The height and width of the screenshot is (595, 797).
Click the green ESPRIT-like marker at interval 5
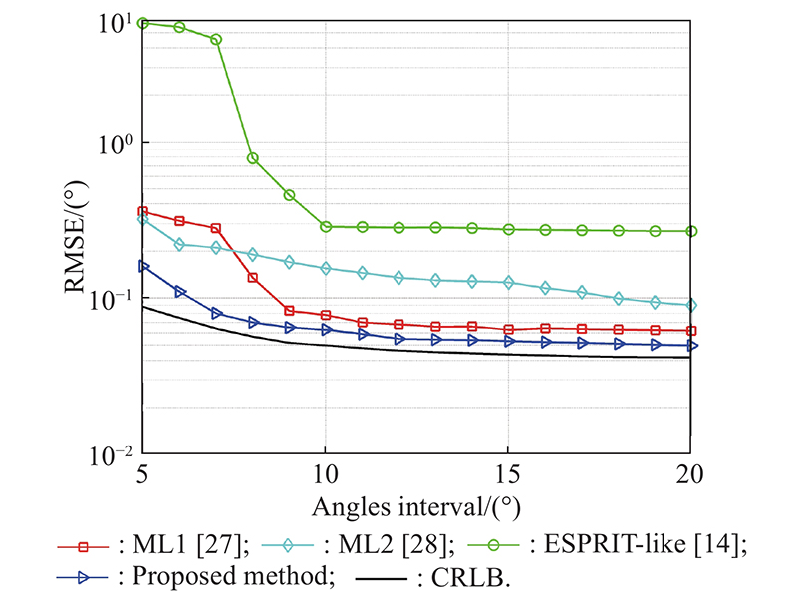[x=143, y=22]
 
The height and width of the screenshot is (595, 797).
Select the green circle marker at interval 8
[x=253, y=157]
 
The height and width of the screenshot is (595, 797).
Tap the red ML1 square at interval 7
[x=216, y=228]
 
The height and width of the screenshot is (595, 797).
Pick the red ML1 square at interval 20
[x=691, y=331]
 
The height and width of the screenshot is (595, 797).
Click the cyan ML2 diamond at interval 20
[x=691, y=305]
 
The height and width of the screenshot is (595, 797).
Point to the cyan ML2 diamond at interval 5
[x=143, y=218]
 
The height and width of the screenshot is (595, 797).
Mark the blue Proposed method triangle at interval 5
[x=143, y=266]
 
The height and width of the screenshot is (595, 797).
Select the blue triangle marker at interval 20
[x=691, y=346]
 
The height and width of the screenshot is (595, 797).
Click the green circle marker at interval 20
[x=691, y=231]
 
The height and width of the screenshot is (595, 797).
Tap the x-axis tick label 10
[x=326, y=474]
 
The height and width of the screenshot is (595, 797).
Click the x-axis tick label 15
[x=509, y=474]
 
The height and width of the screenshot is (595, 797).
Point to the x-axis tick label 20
[x=690, y=474]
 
